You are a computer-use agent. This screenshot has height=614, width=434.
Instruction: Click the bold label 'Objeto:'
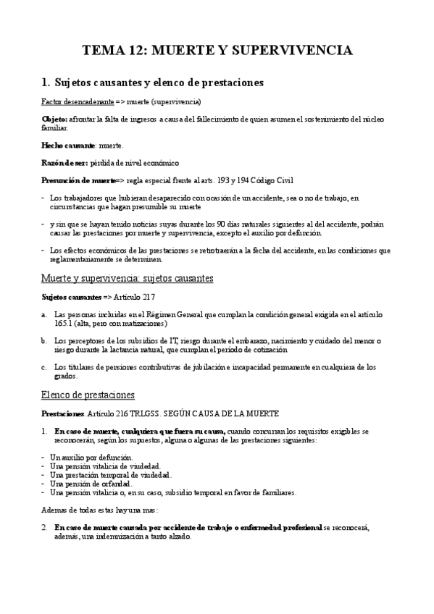click(x=57, y=118)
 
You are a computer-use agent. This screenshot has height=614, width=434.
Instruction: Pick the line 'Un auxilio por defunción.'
click(x=91, y=458)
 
